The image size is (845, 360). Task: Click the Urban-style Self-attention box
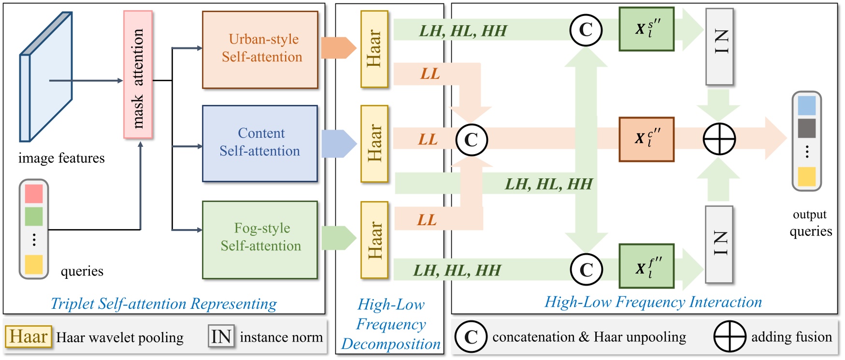pos(260,49)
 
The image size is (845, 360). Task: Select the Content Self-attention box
pos(260,144)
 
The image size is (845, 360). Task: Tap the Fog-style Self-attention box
pos(260,240)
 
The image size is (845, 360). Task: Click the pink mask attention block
pos(138,75)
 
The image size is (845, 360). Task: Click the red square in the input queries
pos(34,194)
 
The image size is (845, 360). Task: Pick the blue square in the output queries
pos(806,106)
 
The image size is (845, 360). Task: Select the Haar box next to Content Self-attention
pos(374,144)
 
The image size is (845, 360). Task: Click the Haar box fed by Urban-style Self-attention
pos(374,49)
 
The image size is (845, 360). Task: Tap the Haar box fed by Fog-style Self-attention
pos(374,240)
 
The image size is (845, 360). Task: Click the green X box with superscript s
pos(646,29)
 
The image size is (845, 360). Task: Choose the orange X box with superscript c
pos(646,139)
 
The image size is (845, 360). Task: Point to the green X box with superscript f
pos(646,267)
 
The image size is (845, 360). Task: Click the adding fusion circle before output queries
pos(719,140)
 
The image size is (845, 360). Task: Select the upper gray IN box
pos(719,46)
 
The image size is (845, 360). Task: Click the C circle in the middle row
pos(472,140)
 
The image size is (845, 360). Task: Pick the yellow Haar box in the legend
pos(29,336)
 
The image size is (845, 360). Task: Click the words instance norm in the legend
pos(281,337)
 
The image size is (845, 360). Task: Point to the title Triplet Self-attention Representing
pos(164,304)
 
